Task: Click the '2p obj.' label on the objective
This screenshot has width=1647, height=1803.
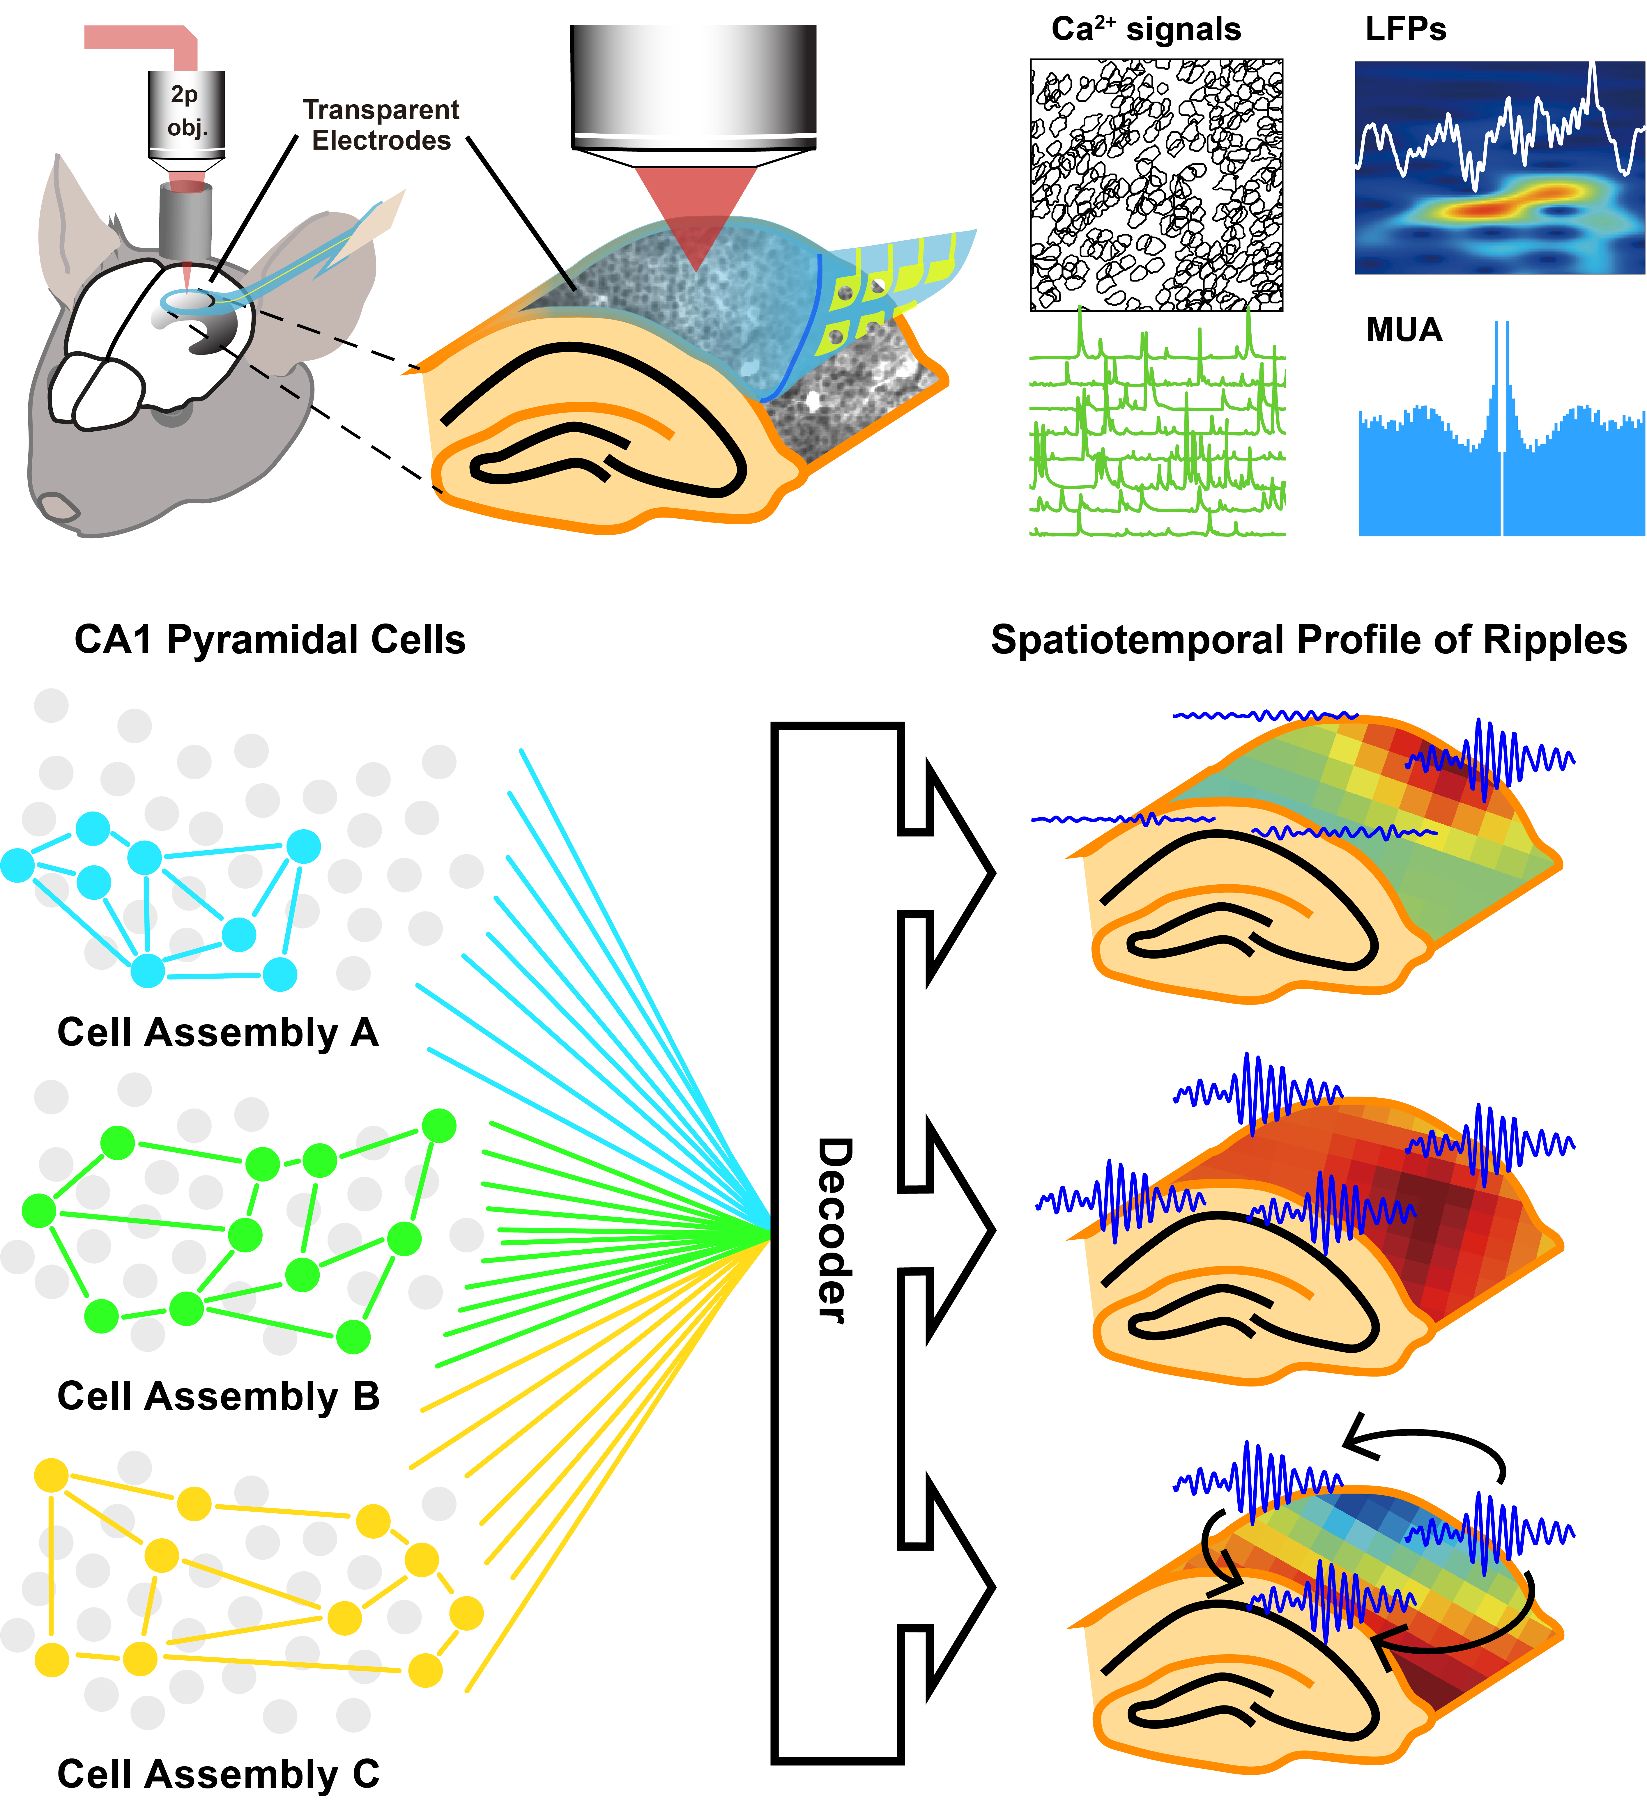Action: (186, 111)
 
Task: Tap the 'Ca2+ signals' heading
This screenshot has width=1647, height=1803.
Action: (1146, 29)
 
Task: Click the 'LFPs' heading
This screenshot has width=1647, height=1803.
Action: (1405, 29)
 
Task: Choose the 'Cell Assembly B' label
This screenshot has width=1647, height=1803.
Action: (218, 1396)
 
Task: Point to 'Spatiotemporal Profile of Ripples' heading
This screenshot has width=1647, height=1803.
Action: (1308, 640)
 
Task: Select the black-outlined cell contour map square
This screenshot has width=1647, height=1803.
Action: (1156, 185)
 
